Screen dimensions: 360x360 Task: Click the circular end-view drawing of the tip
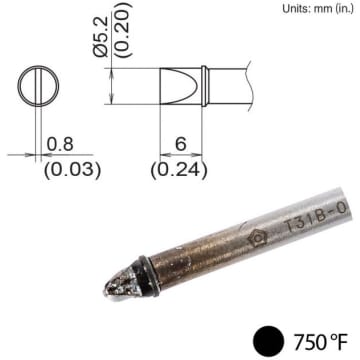(39, 84)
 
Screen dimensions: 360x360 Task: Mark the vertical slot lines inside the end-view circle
(39, 84)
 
